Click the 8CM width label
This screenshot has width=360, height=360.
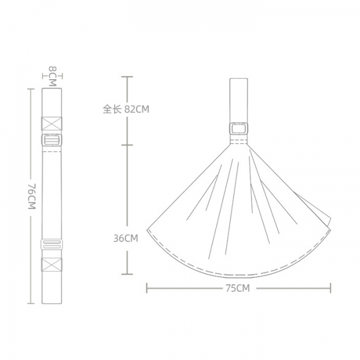[x=53, y=76]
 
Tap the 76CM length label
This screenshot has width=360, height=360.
[x=32, y=196]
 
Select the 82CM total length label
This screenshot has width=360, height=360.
[x=137, y=109]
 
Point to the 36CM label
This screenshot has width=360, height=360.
[x=126, y=238]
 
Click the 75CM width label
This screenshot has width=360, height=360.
[x=238, y=288]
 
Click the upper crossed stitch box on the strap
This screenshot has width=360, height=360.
[x=52, y=124]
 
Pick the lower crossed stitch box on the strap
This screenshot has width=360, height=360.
[x=52, y=265]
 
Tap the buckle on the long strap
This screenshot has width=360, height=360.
[x=52, y=140]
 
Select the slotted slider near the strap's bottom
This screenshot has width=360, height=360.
[x=52, y=244]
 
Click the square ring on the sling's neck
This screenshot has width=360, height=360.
[x=239, y=128]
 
